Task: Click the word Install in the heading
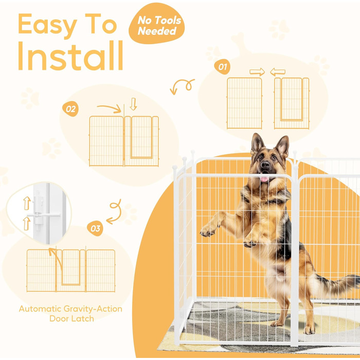(70, 56)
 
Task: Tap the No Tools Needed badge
(156, 24)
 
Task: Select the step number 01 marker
(222, 67)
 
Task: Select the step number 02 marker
(70, 109)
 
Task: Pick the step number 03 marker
(95, 228)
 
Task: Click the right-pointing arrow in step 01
(257, 72)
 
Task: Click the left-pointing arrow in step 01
(278, 72)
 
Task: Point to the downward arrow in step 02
(133, 104)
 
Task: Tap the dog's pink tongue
(264, 179)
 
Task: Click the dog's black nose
(265, 164)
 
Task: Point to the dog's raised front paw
(208, 231)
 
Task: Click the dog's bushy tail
(337, 284)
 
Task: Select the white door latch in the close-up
(40, 214)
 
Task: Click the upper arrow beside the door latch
(27, 203)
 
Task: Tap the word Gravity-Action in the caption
(93, 309)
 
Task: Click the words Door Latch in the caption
(71, 319)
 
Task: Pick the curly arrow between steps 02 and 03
(114, 211)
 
